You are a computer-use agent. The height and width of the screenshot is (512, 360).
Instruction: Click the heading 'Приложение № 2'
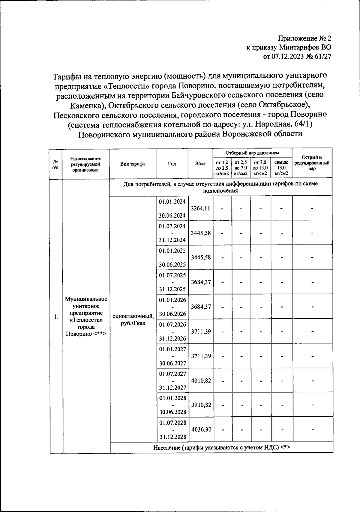[305, 38]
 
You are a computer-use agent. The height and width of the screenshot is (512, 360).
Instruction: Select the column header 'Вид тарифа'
[133, 164]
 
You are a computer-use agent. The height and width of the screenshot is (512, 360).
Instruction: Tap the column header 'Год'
[172, 164]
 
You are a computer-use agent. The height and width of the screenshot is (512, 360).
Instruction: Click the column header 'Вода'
[200, 164]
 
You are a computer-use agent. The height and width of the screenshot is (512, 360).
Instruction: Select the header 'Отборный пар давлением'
[252, 153]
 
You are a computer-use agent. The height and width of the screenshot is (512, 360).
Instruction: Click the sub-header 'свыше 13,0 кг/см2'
[281, 168]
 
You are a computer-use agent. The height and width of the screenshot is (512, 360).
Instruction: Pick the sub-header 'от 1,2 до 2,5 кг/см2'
[222, 168]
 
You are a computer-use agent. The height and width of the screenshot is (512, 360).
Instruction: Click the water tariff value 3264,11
[200, 208]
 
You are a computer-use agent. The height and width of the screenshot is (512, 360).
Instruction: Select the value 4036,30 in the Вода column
[201, 429]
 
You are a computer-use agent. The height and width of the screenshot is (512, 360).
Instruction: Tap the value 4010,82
[201, 380]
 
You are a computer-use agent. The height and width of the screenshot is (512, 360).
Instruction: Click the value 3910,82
[201, 405]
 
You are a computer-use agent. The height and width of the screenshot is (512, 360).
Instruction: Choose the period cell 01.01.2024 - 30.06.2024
[172, 208]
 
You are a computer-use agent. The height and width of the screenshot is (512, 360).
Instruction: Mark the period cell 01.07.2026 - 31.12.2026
[172, 332]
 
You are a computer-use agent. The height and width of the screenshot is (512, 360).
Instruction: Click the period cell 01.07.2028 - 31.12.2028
[172, 430]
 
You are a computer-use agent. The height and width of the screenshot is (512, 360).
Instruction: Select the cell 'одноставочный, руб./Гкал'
[133, 320]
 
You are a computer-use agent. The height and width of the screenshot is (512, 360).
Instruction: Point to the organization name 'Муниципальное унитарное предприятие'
[86, 306]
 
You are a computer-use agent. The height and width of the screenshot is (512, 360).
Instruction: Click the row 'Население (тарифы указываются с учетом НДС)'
[221, 448]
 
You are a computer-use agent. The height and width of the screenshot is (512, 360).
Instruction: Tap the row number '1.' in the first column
[56, 317]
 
